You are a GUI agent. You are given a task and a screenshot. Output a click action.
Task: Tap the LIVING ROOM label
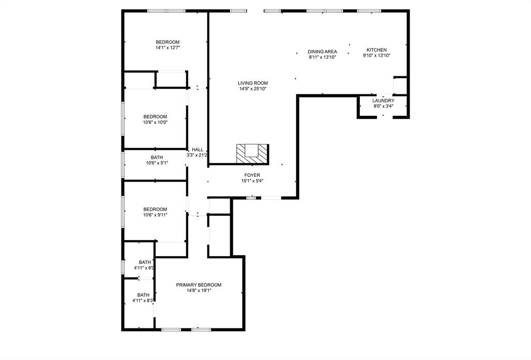coord(253,83)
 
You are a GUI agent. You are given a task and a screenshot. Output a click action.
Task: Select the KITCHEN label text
coord(376,50)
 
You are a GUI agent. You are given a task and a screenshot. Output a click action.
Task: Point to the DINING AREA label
coord(323,51)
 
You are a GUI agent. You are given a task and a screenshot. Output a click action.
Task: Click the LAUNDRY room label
coord(383,101)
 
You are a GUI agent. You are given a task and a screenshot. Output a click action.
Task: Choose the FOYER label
coord(252,175)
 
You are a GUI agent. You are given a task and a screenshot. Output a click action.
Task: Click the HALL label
coord(198,149)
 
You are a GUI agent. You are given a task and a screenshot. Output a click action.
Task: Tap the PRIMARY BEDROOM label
coord(199,285)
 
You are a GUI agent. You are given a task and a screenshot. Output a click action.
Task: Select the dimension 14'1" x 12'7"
coord(167,48)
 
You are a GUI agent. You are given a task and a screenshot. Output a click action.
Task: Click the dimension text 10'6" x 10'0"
coord(155,122)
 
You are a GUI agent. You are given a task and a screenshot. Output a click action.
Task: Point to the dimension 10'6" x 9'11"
coord(155,215)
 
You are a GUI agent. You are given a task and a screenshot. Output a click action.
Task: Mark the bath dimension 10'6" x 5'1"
coord(156,163)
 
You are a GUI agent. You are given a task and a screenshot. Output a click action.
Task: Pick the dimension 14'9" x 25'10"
coord(253,89)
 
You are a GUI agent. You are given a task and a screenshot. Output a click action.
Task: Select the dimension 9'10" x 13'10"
coord(376,56)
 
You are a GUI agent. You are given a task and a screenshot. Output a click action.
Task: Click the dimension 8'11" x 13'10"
coord(323,57)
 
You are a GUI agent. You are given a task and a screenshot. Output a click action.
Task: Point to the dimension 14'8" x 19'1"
coord(199,290)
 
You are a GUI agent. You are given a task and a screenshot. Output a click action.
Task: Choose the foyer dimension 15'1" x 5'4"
coord(252,181)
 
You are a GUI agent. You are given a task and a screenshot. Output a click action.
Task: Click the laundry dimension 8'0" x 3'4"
coord(383,106)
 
